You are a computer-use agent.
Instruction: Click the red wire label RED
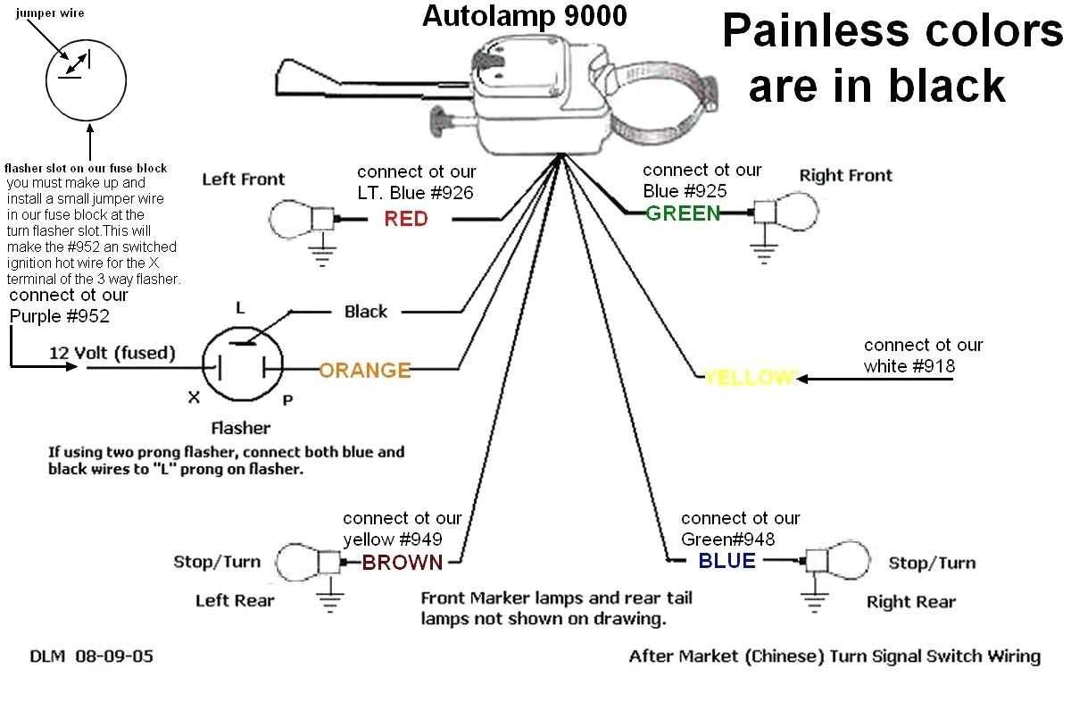[406, 219]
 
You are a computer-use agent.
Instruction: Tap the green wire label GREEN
[683, 213]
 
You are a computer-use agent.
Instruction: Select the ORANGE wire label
[364, 370]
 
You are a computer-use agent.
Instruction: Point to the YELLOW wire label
[748, 378]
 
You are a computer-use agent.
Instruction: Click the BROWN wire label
[402, 562]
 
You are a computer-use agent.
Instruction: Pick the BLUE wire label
[726, 561]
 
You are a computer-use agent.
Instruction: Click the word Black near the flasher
[366, 312]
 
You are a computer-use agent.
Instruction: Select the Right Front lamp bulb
[794, 213]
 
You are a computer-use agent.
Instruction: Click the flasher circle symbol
[241, 367]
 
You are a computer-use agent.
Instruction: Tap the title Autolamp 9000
[524, 15]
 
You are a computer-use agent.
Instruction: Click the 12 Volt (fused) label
[112, 353]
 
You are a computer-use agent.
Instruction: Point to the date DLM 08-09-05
[91, 656]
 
